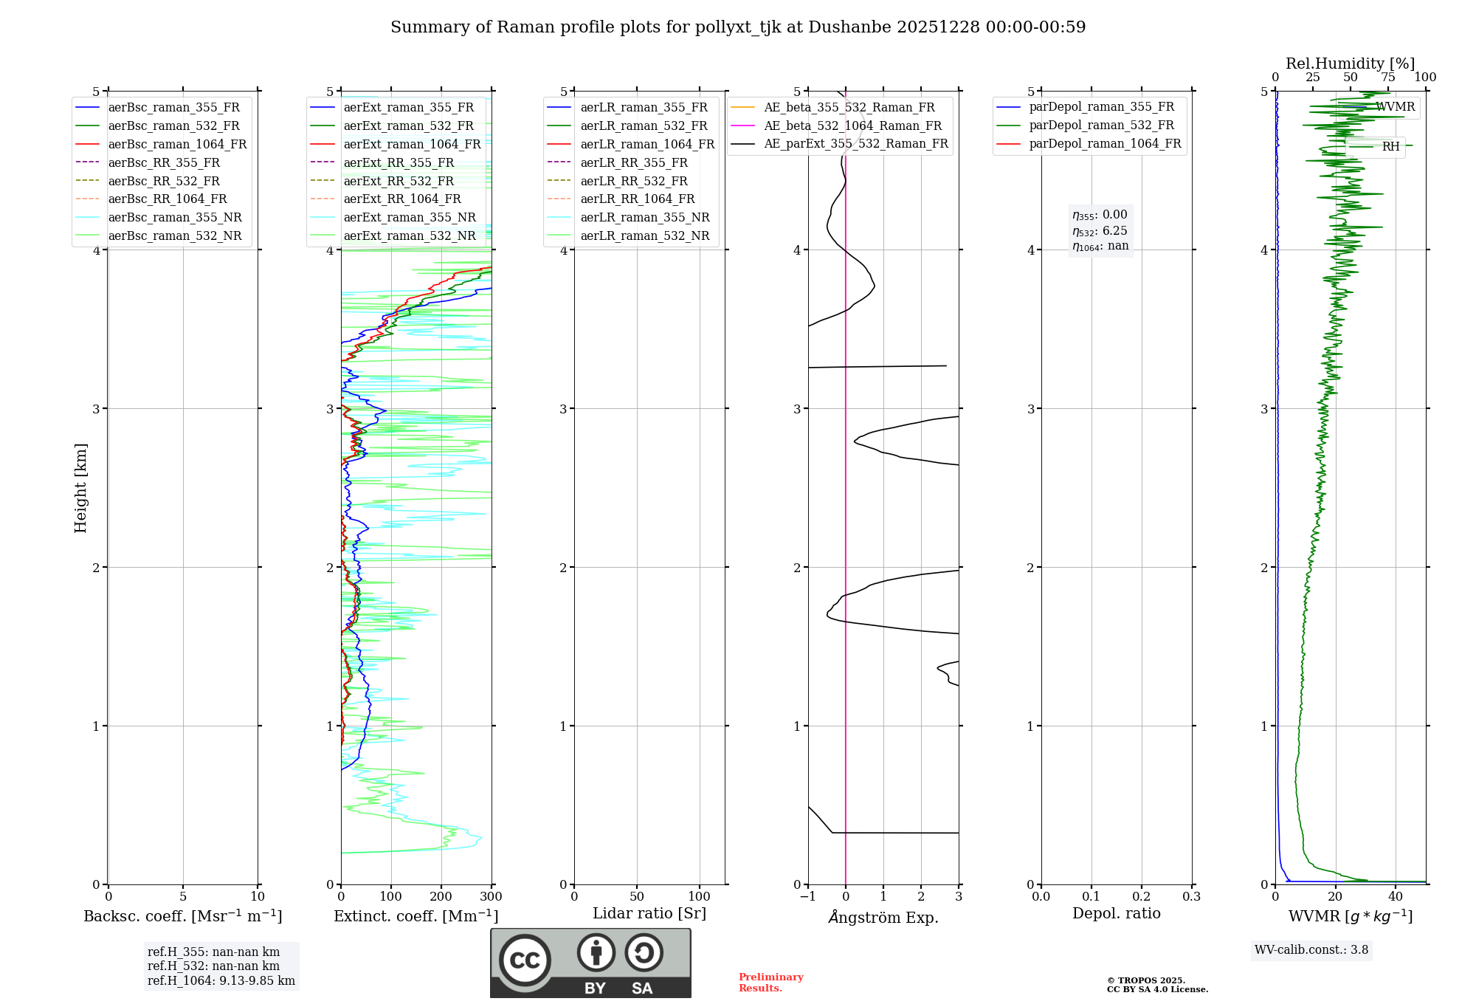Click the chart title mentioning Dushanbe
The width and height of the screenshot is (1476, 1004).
[x=738, y=27]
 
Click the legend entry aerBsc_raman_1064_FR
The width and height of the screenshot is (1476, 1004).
[x=177, y=144]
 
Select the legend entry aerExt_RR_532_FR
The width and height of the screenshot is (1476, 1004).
[x=399, y=181]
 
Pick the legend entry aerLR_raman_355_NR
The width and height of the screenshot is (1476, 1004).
[x=644, y=217]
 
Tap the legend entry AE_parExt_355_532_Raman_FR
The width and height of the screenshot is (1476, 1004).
[x=856, y=143]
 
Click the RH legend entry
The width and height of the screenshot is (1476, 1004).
[x=1390, y=146]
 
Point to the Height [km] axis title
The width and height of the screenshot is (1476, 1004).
[x=80, y=487]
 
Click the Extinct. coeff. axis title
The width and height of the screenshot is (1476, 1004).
[x=415, y=916]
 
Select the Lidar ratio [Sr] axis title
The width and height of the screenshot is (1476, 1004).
[x=649, y=913]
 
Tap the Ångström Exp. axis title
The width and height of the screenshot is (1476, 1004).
[x=883, y=917]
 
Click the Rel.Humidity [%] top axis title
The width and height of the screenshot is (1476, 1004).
[x=1350, y=63]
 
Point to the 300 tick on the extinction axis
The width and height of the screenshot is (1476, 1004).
[x=491, y=896]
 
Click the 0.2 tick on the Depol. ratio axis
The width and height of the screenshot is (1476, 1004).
[x=1141, y=896]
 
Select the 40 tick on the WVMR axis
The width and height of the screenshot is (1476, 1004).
[x=1395, y=896]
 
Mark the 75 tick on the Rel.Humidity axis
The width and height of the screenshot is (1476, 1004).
[x=1387, y=78]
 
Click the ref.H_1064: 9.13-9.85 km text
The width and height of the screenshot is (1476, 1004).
[x=221, y=980]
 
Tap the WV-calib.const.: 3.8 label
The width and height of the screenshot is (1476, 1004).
[x=1311, y=949]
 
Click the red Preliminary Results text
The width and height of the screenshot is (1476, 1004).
[x=770, y=983]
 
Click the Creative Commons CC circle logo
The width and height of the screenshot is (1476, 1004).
[x=525, y=960]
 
